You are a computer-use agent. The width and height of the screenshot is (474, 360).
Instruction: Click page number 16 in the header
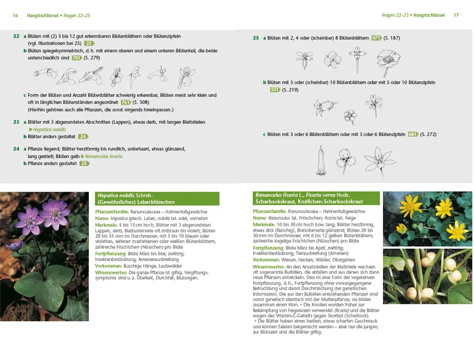coord(15,15)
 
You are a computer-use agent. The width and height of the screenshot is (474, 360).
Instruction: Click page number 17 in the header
coord(456,15)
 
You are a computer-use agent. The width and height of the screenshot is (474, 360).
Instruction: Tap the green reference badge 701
coord(77,58)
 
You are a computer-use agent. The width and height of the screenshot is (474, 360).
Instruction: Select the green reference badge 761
coord(126,102)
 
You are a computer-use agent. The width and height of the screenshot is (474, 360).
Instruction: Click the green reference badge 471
coord(376,38)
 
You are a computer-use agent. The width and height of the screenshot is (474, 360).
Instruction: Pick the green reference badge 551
coord(275,89)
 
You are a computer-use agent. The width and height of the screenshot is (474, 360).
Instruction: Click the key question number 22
coord(16,36)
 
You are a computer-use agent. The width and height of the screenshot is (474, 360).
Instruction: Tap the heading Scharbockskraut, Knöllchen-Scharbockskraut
coord(302,202)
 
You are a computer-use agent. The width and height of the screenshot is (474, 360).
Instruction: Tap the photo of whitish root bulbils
coord(427,276)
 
